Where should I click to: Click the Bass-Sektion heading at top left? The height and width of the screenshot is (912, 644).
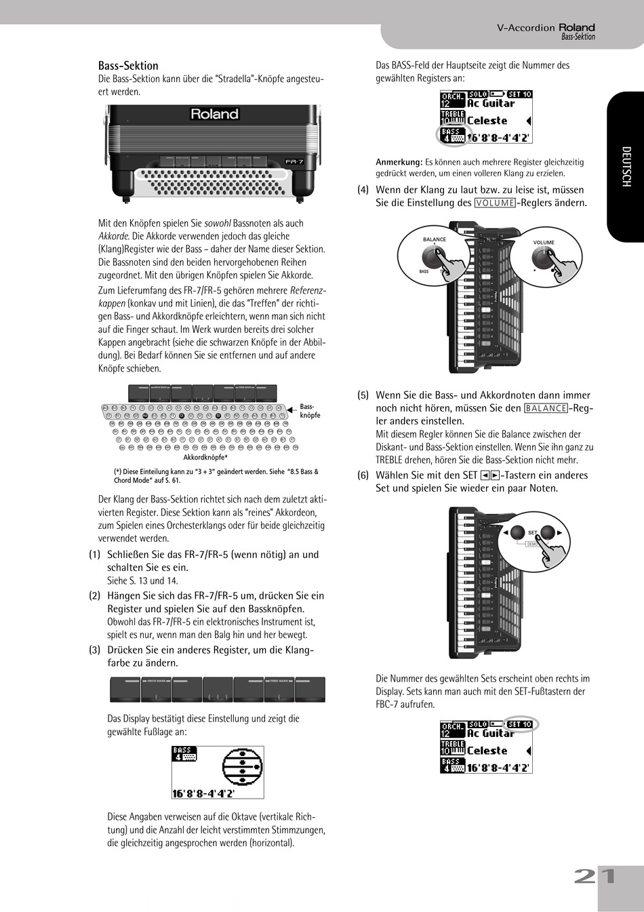tap(128, 66)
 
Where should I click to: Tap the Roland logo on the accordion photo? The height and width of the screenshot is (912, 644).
tap(214, 115)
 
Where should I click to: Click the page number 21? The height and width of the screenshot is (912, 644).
tap(595, 876)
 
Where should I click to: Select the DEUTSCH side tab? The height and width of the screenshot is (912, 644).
tap(626, 167)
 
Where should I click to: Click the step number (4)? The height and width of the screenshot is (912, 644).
tap(363, 190)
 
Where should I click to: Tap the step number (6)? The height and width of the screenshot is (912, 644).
tap(363, 475)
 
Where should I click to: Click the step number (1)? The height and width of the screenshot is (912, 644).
tap(95, 555)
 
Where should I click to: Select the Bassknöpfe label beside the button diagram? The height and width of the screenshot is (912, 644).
tap(310, 411)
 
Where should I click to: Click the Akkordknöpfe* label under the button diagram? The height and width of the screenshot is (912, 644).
tap(205, 458)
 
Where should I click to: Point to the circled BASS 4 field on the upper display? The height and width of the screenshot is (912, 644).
tap(451, 135)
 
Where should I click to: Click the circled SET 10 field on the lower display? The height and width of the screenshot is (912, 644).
tap(520, 724)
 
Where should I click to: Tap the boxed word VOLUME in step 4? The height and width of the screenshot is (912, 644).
tap(495, 203)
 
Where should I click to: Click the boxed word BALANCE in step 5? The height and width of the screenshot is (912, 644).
tap(546, 408)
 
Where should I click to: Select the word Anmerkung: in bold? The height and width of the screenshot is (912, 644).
tap(399, 162)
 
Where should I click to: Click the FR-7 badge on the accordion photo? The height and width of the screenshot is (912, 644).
tap(294, 161)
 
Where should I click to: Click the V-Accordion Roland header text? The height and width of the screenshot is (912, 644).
tap(546, 28)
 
